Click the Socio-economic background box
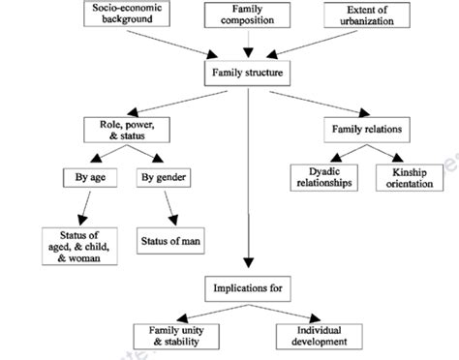[134, 14]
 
